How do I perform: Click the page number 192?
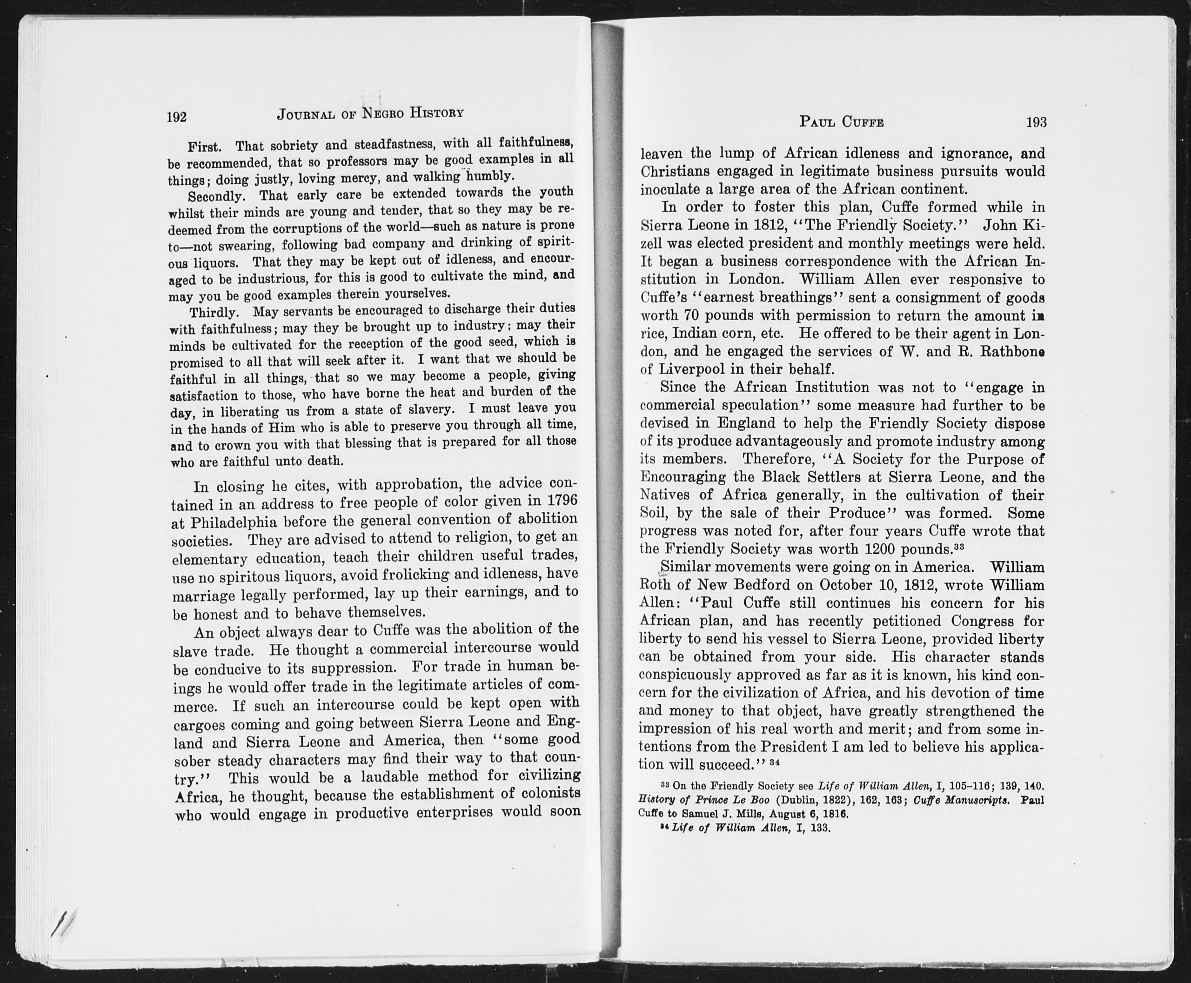(x=177, y=117)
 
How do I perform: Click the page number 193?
(x=1036, y=122)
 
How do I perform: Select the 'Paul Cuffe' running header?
(x=841, y=122)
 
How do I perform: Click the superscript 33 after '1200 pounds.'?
(x=958, y=547)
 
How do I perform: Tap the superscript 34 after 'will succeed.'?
(x=775, y=762)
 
